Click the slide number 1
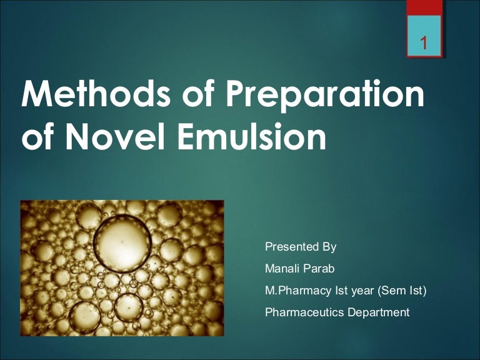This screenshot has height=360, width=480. (x=424, y=44)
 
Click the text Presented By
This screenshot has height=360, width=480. (x=301, y=246)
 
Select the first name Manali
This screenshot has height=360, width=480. (x=282, y=268)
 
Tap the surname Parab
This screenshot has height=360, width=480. (x=319, y=268)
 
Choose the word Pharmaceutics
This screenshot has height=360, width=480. (x=304, y=312)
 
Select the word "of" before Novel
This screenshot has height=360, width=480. (x=37, y=138)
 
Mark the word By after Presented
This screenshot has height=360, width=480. (x=329, y=246)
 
